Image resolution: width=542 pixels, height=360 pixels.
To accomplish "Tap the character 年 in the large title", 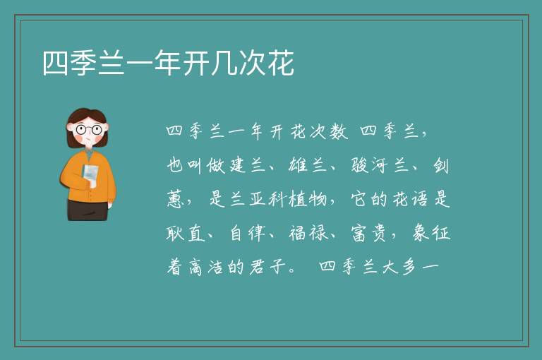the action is (x=168, y=63).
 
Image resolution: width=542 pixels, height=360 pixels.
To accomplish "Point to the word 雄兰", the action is (x=307, y=165).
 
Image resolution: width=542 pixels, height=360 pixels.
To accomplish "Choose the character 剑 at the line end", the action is (x=441, y=165).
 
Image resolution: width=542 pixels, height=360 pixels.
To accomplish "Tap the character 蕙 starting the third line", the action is (x=175, y=199).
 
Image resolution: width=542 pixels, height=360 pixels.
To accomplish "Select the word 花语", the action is (x=410, y=199).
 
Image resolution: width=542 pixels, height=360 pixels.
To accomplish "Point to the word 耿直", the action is (x=186, y=233).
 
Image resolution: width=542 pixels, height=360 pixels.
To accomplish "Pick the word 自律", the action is (x=248, y=233).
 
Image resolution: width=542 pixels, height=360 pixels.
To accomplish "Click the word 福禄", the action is (x=308, y=233).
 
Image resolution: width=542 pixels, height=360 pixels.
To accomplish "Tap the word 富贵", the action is (x=368, y=233).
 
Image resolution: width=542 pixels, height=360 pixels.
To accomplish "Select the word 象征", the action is (x=431, y=233).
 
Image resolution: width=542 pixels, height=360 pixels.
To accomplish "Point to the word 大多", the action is (x=399, y=267).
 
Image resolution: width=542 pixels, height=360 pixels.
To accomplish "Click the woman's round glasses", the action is (x=89, y=130).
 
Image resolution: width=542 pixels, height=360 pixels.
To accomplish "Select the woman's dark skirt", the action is (x=88, y=210).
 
